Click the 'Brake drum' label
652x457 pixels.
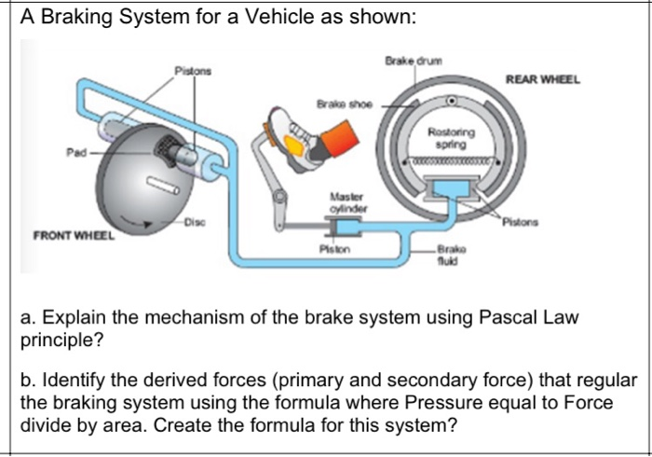[x=411, y=61]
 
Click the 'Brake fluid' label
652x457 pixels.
[x=451, y=257]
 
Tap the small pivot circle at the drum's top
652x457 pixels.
[x=452, y=100]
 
